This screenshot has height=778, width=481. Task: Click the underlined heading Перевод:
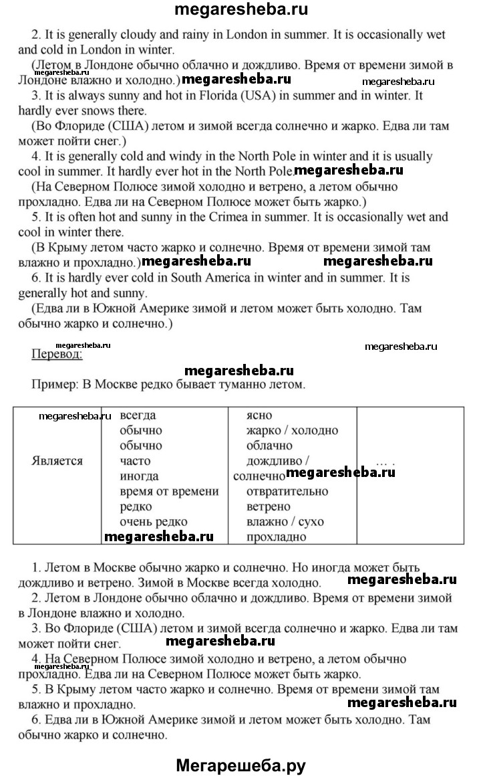tap(57, 355)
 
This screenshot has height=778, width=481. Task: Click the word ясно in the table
tap(259, 415)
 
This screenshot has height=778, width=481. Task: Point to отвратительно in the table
tap(287, 492)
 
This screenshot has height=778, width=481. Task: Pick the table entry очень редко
tap(154, 522)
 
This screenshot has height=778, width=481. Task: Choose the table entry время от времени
tap(169, 492)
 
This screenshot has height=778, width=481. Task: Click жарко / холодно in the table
tap(292, 431)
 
